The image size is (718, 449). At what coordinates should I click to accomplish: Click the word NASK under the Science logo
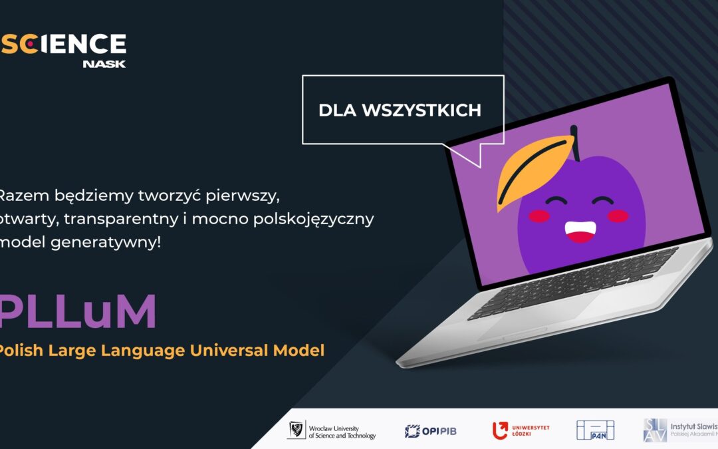(104, 64)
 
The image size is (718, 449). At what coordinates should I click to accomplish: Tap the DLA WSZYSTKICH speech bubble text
(400, 110)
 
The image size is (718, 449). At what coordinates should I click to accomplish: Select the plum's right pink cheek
(618, 216)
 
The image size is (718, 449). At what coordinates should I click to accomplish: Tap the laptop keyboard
(572, 283)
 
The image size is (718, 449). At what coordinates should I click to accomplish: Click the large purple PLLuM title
(78, 311)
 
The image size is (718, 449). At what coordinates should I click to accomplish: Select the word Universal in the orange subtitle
(229, 350)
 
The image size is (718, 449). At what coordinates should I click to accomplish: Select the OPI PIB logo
(431, 431)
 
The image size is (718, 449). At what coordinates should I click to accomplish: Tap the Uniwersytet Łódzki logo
(521, 430)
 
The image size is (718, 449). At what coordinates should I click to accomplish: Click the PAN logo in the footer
(595, 430)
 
